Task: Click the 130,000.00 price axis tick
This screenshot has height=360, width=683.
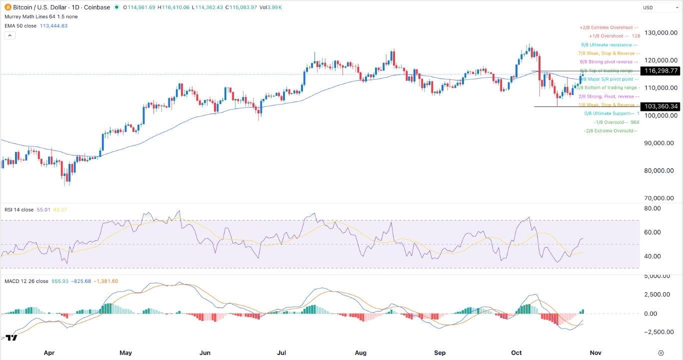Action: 660,33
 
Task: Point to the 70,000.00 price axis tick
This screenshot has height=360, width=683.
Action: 660,198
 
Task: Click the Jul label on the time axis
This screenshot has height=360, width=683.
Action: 281,352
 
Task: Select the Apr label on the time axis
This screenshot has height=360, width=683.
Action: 49,352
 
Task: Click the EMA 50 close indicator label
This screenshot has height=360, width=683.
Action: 19,26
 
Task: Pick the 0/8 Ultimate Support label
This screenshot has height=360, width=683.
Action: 609,113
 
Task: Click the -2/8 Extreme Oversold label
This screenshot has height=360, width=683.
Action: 610,131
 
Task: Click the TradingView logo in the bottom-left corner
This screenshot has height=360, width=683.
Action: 11,338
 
